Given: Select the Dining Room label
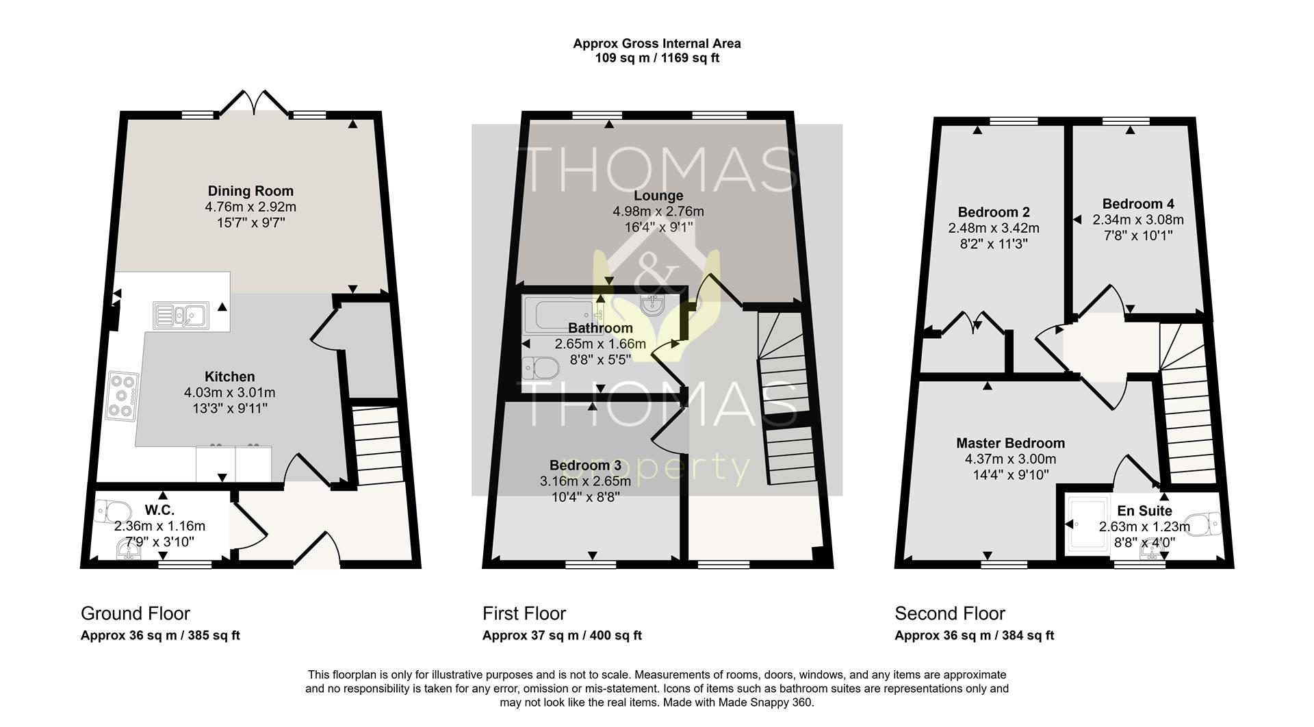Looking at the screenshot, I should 250,191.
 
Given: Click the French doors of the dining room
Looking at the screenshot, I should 253,103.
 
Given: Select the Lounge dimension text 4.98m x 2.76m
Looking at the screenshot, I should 658,212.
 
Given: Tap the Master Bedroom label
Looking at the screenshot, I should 1010,443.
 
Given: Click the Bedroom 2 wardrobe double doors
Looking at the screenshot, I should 973,323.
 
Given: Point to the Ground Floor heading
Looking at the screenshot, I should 135,613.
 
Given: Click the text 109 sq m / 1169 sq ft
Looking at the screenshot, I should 656,58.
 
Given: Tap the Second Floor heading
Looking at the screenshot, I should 950,613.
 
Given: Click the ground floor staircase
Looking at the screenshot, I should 377,445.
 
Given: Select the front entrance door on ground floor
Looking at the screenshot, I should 317,551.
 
